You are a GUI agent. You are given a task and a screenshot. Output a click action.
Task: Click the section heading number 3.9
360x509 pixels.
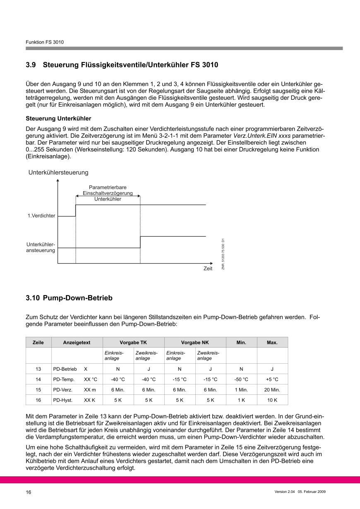point(31,65)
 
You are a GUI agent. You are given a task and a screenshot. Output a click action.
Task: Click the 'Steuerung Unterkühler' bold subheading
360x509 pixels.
point(56,118)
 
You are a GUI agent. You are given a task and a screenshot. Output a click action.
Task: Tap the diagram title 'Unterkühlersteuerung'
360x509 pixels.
point(58,172)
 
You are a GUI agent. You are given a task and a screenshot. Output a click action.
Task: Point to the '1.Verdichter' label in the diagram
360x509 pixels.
point(41,216)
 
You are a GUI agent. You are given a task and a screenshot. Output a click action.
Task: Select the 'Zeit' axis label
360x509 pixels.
point(208,269)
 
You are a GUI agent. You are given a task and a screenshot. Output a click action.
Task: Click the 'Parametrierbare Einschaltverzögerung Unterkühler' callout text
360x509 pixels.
point(108,193)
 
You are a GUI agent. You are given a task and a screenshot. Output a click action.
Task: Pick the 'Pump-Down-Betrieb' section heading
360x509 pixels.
point(78,298)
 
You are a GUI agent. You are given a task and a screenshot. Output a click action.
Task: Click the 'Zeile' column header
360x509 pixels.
point(38,343)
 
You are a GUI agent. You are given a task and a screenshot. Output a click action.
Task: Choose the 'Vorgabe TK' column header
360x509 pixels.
point(133,343)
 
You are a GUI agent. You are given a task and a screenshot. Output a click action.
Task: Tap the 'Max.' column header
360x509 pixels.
point(272,343)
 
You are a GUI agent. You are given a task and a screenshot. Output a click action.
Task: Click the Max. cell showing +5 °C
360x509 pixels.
point(272,379)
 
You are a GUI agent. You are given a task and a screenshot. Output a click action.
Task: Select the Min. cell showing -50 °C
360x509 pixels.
point(241,379)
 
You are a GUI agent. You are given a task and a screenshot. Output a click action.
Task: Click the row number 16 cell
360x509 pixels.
point(38,400)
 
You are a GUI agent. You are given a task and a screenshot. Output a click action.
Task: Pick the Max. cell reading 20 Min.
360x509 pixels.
point(272,390)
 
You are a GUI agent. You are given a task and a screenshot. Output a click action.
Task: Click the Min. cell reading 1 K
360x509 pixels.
point(241,400)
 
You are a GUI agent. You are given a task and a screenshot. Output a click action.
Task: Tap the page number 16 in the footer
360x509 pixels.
point(29,492)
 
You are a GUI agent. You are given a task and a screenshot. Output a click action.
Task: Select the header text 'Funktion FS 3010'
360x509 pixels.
point(45,42)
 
